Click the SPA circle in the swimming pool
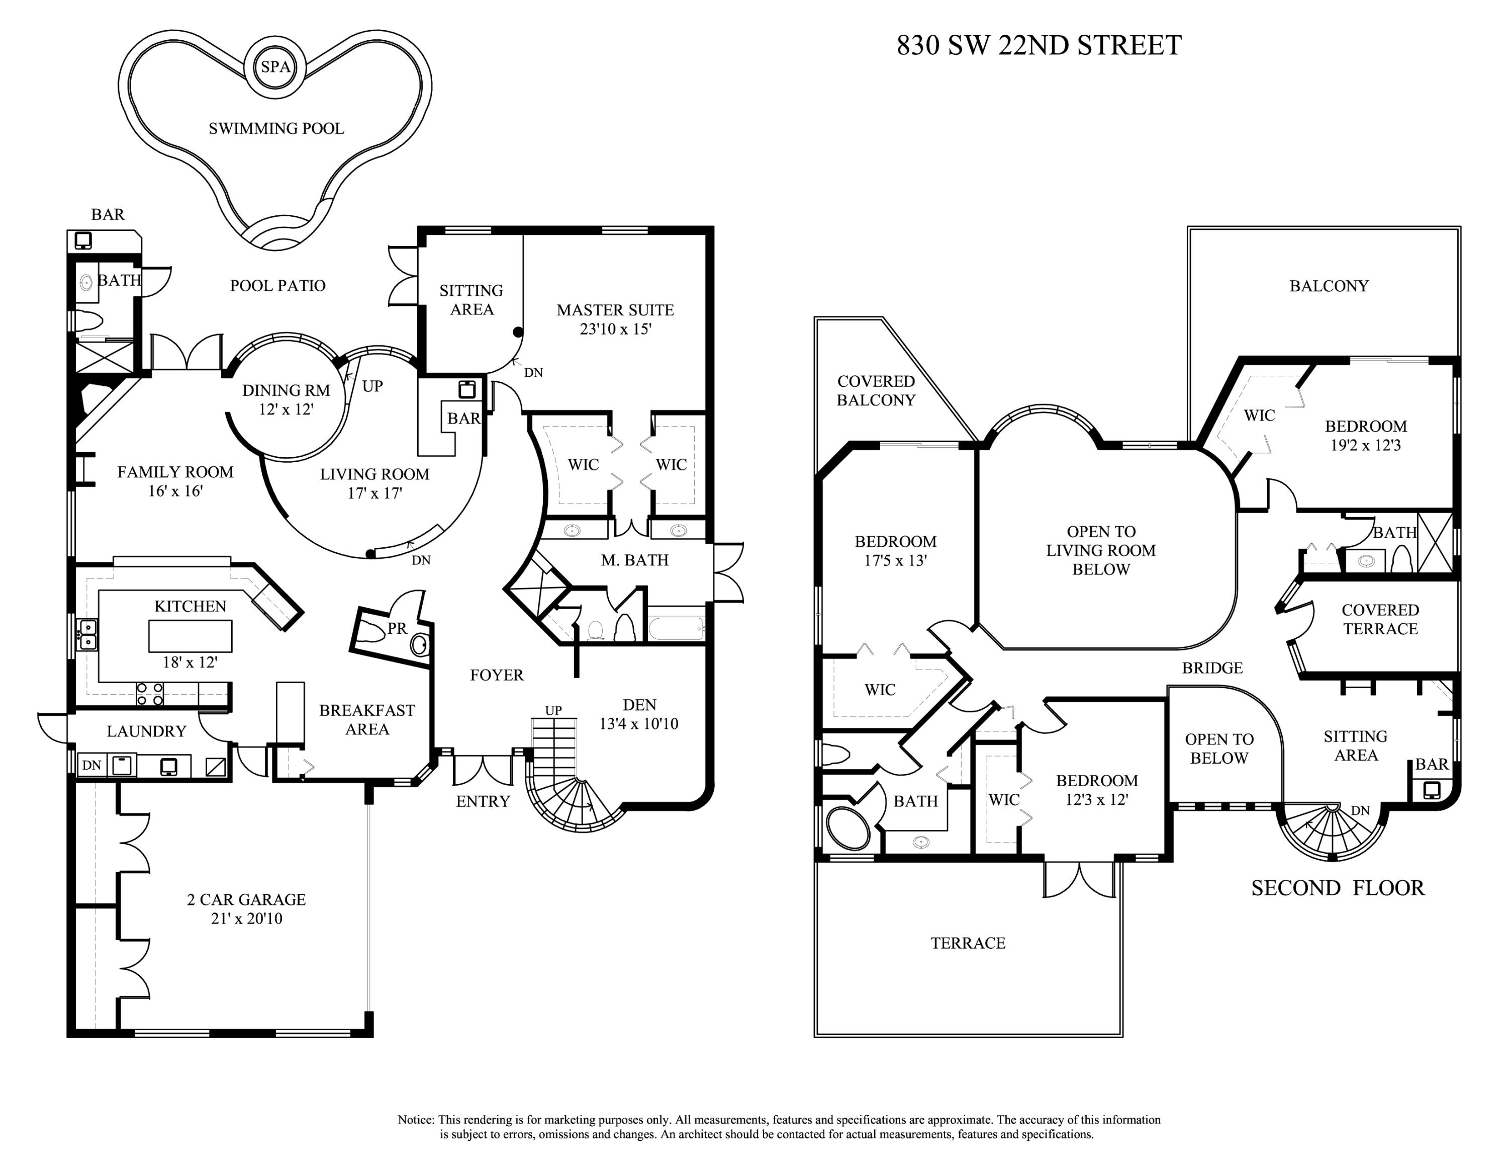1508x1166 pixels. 275,67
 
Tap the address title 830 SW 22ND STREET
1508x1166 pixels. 1039,46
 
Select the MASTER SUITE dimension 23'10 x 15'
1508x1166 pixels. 615,329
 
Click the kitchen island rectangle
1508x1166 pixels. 190,635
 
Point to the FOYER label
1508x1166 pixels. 497,675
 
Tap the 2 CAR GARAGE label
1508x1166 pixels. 246,899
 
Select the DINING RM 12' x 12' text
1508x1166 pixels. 286,400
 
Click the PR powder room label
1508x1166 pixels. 397,628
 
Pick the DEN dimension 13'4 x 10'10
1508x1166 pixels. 639,724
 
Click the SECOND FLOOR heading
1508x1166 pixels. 1338,888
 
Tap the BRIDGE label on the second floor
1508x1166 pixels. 1212,668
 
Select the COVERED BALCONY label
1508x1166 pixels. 876,390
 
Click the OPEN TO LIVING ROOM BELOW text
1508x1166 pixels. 1101,550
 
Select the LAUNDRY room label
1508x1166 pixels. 146,731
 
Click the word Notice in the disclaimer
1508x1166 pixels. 416,1120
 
